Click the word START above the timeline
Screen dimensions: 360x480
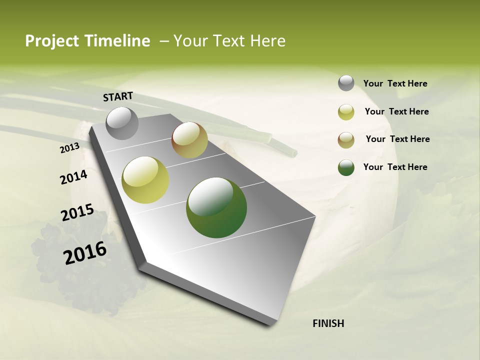[118, 96]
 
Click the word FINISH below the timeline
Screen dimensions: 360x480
[328, 323]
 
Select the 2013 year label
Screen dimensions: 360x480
[69, 148]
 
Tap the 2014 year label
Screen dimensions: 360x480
[73, 177]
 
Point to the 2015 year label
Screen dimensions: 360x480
[77, 212]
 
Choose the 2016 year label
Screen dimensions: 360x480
[85, 253]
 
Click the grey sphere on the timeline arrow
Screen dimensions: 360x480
[122, 123]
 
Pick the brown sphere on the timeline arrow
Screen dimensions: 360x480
[189, 140]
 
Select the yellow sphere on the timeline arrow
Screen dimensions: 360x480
[145, 180]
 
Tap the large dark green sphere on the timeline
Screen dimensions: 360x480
[216, 207]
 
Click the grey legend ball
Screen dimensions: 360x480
[346, 83]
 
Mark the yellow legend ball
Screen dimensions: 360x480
[346, 112]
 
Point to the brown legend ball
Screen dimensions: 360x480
[346, 140]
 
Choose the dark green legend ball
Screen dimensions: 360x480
[346, 167]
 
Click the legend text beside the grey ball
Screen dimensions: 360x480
[395, 83]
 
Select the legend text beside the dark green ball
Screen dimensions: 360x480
[395, 167]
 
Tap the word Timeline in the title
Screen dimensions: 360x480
[118, 41]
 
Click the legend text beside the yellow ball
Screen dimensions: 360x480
[396, 111]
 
